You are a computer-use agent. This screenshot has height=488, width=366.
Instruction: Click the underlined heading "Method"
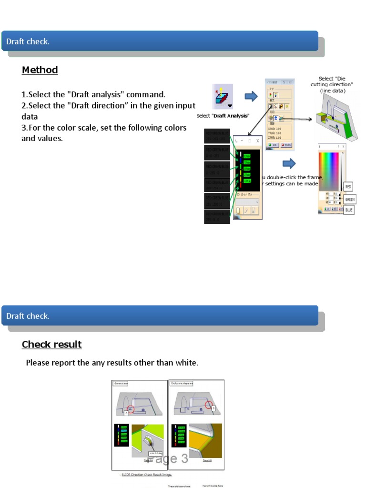point(40,70)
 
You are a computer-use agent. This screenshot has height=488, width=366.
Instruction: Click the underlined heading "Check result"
point(51,345)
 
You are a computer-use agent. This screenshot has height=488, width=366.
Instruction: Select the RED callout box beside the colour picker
point(348,187)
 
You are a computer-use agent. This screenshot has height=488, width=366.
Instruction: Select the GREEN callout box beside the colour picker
point(350,199)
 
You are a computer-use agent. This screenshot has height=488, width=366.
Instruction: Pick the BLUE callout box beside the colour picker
point(349,209)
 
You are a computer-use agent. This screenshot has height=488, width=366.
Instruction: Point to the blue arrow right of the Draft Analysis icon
point(251,97)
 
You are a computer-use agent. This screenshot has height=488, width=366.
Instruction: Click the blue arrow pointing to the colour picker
point(289,163)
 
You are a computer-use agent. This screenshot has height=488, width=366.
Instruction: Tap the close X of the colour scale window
point(258,141)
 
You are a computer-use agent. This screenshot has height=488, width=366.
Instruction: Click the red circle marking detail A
point(131,409)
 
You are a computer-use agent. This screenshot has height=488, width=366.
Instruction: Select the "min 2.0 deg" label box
point(156,453)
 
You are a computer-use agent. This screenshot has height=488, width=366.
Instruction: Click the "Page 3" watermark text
point(168,459)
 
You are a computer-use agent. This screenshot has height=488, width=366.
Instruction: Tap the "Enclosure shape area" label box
point(182,383)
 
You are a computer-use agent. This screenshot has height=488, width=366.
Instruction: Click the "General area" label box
point(121,383)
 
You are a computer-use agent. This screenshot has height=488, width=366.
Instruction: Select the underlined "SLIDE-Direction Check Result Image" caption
point(147,475)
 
